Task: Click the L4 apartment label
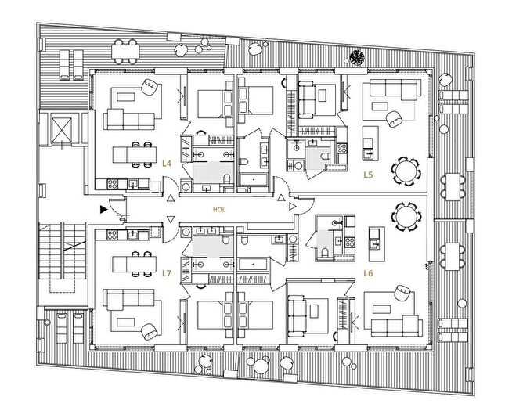pyautogui.click(x=167, y=164)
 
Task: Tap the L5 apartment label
pyautogui.click(x=368, y=175)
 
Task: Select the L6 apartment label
pyautogui.click(x=368, y=273)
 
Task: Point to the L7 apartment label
pyautogui.click(x=167, y=273)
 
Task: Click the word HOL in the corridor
pyautogui.click(x=219, y=210)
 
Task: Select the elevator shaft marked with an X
pyautogui.click(x=62, y=130)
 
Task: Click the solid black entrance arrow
pyautogui.click(x=103, y=210)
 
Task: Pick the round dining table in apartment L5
pyautogui.click(x=406, y=171)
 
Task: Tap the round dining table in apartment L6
pyautogui.click(x=406, y=217)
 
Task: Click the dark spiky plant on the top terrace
pyautogui.click(x=357, y=57)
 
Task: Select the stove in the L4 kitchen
pyautogui.click(x=112, y=184)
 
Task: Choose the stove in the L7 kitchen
pyautogui.click(x=112, y=235)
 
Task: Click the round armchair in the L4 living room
pyautogui.click(x=150, y=87)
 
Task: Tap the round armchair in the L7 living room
pyautogui.click(x=150, y=331)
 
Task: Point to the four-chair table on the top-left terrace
pyautogui.click(x=125, y=51)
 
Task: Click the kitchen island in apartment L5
pyautogui.click(x=370, y=143)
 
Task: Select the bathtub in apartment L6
pyautogui.click(x=254, y=264)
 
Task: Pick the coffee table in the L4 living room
pyautogui.click(x=125, y=96)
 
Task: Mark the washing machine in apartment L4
pyautogui.click(x=186, y=186)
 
